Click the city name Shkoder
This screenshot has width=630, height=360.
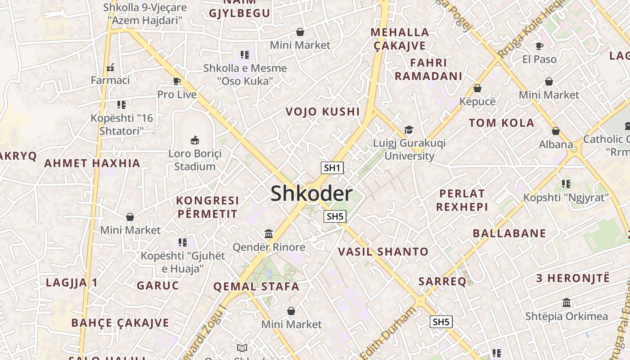click(x=311, y=193)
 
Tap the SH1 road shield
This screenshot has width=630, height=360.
click(x=332, y=168)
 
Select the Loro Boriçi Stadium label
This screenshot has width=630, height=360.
click(x=195, y=160)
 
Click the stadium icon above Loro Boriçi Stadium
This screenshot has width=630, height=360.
click(x=195, y=140)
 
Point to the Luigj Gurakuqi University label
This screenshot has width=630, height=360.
click(x=409, y=149)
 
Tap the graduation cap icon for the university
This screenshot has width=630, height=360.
click(x=409, y=130)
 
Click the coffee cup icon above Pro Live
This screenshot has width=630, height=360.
click(x=177, y=81)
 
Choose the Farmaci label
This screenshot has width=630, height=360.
click(x=110, y=80)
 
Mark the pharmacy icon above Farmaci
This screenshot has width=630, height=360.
click(x=110, y=67)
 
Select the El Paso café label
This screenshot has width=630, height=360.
click(x=539, y=59)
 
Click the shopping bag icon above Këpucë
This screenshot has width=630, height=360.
click(x=477, y=88)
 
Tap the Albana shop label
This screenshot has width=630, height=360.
click(x=556, y=144)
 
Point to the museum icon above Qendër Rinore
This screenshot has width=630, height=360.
click(x=269, y=234)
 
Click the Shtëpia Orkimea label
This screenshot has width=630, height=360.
click(x=566, y=316)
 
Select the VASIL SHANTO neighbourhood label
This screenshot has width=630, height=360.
click(x=383, y=252)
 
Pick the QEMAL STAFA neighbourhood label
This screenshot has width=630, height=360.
click(x=256, y=286)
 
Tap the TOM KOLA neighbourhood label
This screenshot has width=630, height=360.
click(x=501, y=123)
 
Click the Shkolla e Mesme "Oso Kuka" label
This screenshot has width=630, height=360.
click(x=245, y=75)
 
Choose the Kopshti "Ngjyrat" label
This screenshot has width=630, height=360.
click(x=566, y=197)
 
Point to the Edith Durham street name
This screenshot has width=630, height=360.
click(x=388, y=333)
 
